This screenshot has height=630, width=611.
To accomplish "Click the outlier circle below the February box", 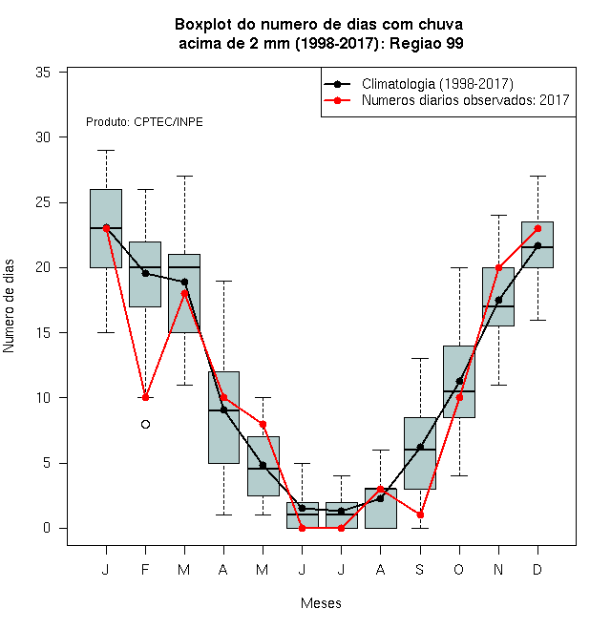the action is [x=145, y=424].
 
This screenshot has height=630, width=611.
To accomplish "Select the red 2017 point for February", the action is [x=145, y=397].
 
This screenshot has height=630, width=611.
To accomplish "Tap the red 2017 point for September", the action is [x=420, y=514].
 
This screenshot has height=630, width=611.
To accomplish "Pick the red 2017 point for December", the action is [x=537, y=228].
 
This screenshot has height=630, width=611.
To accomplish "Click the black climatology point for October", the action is [x=459, y=381].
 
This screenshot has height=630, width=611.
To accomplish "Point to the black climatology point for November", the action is [x=499, y=300].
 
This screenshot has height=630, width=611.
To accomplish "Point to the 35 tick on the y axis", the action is [x=63, y=72].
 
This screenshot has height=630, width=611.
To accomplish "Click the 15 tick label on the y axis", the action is [x=43, y=333].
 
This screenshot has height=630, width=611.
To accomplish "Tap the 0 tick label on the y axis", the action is [x=47, y=528].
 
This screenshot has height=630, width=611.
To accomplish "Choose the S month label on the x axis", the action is [x=420, y=569].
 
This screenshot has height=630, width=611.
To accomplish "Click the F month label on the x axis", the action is [x=145, y=569].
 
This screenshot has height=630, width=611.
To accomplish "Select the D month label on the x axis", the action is [x=537, y=569].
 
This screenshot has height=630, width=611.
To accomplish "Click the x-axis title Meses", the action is [x=321, y=603].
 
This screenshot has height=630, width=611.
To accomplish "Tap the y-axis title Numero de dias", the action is [x=9, y=306].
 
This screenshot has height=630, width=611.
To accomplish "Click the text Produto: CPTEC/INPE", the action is [x=144, y=122].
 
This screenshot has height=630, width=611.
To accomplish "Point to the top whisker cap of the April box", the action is [x=224, y=281].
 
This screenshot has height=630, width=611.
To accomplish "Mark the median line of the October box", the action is [x=459, y=391].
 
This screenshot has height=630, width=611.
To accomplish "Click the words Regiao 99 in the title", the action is [x=427, y=43].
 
